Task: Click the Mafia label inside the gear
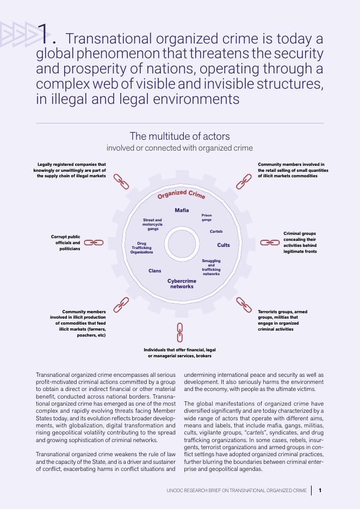click(x=182, y=210)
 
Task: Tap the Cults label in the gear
click(x=224, y=245)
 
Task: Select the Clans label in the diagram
click(x=154, y=270)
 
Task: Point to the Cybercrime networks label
click(x=182, y=283)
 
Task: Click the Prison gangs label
click(x=207, y=218)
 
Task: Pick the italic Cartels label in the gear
click(x=216, y=232)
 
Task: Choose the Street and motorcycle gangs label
click(x=152, y=225)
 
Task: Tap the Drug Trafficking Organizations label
click(x=141, y=248)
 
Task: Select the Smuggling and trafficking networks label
click(x=211, y=267)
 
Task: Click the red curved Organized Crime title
click(x=181, y=195)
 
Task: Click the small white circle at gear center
click(x=182, y=242)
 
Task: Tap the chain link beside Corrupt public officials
click(x=94, y=243)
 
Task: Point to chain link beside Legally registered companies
click(x=121, y=182)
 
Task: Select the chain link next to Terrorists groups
click(x=244, y=305)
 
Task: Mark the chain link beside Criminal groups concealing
click(x=270, y=243)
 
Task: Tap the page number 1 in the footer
click(x=320, y=491)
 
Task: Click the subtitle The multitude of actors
click(x=179, y=136)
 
